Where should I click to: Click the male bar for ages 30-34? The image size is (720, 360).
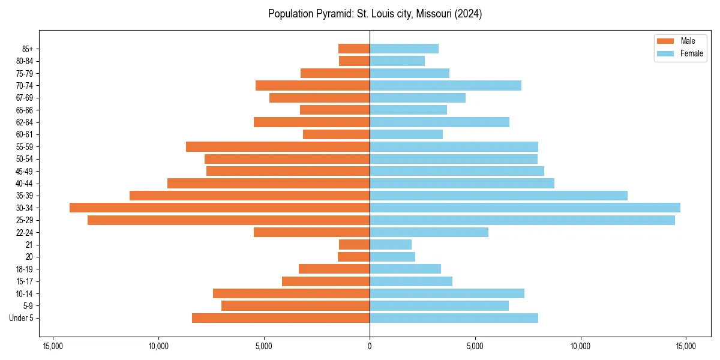[x=220, y=208]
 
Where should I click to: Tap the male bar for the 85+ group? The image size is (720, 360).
[x=354, y=49]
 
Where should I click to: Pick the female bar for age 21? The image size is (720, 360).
[x=391, y=244]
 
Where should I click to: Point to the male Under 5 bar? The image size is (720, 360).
[x=281, y=318]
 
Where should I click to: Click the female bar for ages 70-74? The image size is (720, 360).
[x=445, y=85]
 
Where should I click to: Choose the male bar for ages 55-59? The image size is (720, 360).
[x=278, y=146]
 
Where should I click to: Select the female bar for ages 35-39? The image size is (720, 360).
[x=499, y=196]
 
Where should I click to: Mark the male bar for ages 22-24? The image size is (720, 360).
[x=311, y=232]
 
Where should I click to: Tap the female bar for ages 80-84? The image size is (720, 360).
[x=397, y=61]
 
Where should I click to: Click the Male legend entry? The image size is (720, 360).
[x=680, y=41]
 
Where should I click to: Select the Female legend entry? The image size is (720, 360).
[x=680, y=53]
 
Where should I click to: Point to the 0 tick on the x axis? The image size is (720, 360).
[x=370, y=346]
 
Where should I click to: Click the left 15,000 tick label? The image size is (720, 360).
[x=53, y=346]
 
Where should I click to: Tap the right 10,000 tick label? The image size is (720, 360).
[x=580, y=346]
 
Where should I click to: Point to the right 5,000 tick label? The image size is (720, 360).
[x=475, y=346]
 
